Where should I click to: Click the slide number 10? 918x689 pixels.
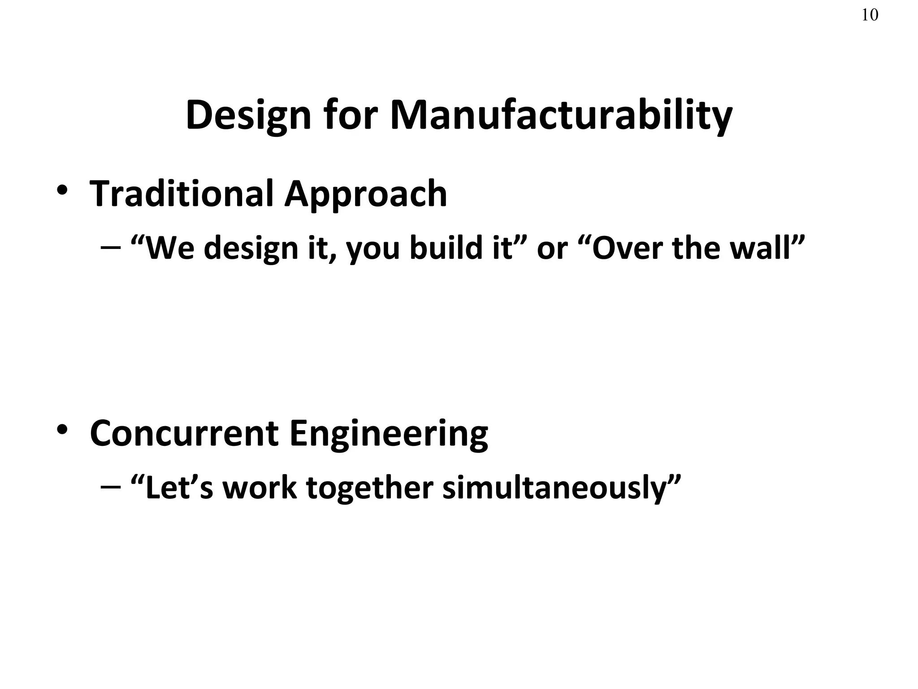coord(870,15)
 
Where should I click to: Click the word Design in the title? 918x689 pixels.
coord(248,115)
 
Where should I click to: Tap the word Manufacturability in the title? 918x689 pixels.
coord(561,115)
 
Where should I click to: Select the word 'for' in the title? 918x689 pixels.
coord(349,115)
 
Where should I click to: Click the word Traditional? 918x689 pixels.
coord(181,194)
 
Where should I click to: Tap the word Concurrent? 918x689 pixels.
coord(184,433)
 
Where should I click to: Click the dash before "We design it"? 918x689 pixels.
coord(111,248)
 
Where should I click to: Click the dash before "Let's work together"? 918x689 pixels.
coord(111,487)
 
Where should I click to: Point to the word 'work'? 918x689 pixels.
coord(260,487)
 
